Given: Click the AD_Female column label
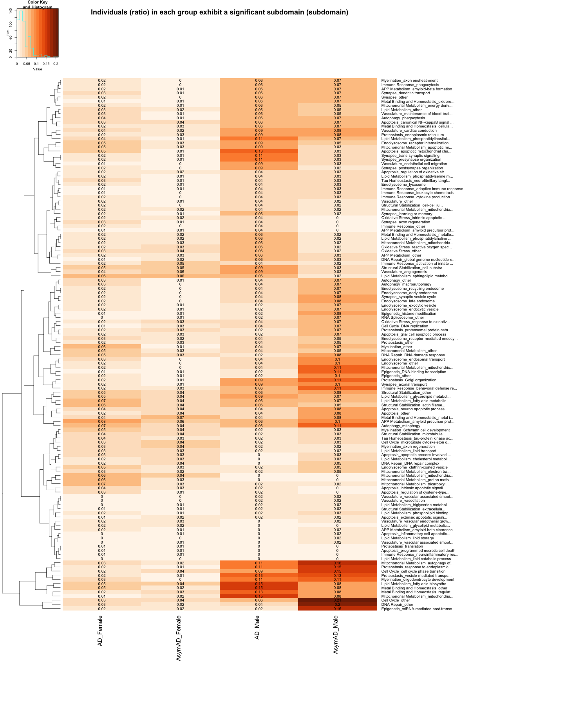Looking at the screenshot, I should [x=100, y=630].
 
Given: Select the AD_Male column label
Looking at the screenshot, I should [x=257, y=628].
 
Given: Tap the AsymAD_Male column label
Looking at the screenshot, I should [x=336, y=634].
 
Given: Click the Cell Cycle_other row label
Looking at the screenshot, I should [x=396, y=600].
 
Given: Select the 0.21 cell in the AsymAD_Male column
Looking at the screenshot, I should [x=337, y=600].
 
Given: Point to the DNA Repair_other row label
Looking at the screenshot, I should [x=397, y=605].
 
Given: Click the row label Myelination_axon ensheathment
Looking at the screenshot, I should [x=409, y=81].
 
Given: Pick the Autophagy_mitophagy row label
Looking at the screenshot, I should [x=401, y=426].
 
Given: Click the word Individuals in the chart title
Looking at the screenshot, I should [x=108, y=12].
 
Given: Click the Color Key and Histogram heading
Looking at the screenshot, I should [x=38, y=5].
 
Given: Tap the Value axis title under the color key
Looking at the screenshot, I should [x=38, y=69].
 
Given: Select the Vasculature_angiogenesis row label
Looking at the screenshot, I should [x=404, y=272].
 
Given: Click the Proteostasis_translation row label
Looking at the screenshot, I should [x=402, y=546].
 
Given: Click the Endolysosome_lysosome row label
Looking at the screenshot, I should [x=403, y=185].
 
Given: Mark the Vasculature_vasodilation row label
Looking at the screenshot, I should [x=403, y=501].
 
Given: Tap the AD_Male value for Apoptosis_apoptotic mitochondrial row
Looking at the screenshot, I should [x=259, y=151].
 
